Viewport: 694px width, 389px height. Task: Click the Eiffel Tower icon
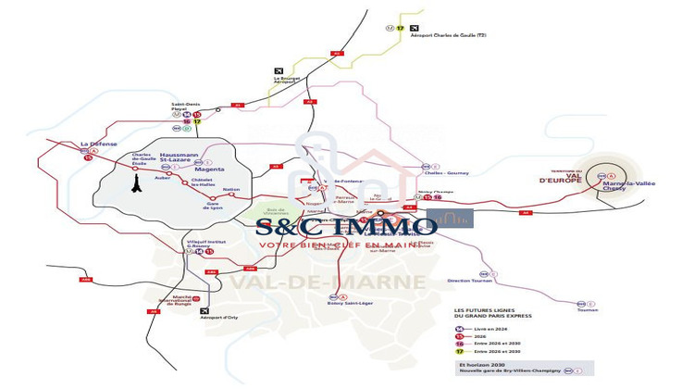coord(135,183)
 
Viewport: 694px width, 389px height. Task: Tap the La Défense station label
coord(97,144)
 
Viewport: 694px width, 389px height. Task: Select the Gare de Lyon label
coord(214,207)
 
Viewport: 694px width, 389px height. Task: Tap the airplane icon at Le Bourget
coord(279,70)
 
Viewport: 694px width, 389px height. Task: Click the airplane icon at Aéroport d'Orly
coord(204,311)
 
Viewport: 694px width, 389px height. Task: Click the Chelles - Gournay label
coord(445,172)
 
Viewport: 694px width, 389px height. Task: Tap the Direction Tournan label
coord(467,280)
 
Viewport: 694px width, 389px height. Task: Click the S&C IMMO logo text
coord(346,225)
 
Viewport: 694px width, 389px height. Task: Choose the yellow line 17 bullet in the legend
coord(459,352)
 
